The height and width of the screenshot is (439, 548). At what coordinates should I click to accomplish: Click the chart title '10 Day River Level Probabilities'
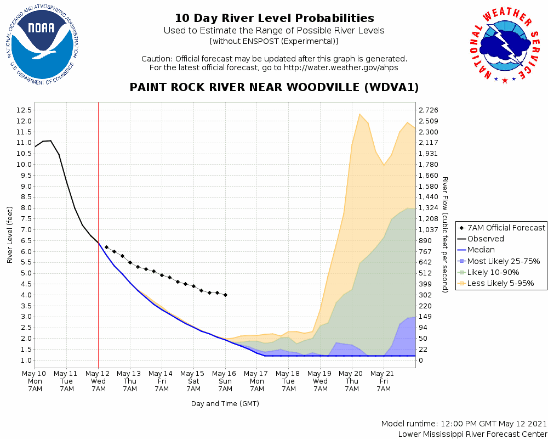(x=274, y=18)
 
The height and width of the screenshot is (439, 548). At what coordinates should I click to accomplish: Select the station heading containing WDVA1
(x=274, y=87)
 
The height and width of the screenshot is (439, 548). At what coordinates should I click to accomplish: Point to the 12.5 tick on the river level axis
(x=23, y=110)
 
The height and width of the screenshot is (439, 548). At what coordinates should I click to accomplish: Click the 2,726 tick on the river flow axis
(x=428, y=110)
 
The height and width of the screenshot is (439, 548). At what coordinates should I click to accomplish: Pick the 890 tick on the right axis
(x=425, y=240)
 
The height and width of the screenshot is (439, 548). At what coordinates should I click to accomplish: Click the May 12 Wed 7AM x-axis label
(x=98, y=381)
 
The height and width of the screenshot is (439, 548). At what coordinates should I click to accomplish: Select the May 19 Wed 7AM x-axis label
(x=320, y=381)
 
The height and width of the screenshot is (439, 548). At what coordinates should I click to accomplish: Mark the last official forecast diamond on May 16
(x=225, y=295)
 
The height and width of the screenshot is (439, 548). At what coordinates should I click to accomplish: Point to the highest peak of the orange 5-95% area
(x=359, y=114)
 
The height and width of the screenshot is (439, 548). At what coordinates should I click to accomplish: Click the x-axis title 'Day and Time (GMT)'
(x=225, y=404)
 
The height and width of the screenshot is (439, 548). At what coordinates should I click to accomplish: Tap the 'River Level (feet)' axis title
(x=10, y=235)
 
